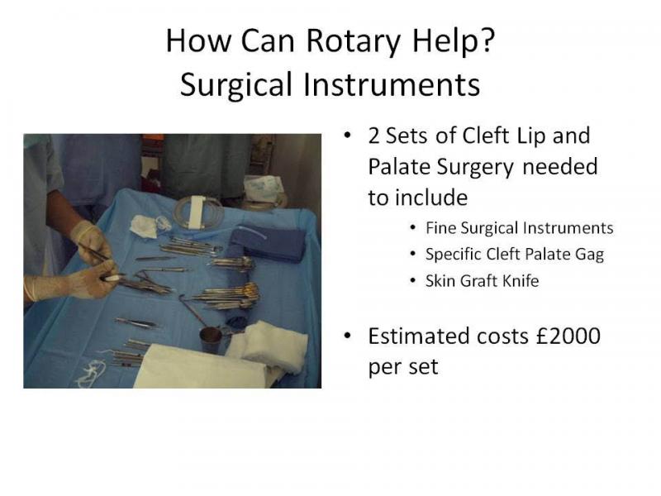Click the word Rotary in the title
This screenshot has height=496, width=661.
[x=353, y=41]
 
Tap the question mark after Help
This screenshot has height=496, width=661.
[x=487, y=40]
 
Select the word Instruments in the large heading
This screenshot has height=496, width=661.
[x=392, y=84]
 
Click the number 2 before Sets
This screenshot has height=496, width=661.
[x=373, y=136]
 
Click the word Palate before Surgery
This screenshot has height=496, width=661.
[x=399, y=167]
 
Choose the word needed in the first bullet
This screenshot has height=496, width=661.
[x=560, y=167]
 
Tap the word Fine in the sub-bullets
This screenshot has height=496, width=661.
[x=440, y=228]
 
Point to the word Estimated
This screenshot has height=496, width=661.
[x=419, y=336]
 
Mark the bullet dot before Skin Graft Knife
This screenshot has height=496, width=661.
[x=412, y=281]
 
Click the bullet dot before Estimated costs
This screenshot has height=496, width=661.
[x=347, y=336]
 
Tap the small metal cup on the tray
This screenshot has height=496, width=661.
[x=211, y=339]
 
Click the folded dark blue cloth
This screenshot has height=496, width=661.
[x=267, y=243]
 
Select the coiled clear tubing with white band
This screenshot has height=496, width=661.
[x=198, y=212]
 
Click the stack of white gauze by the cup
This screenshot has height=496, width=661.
[x=267, y=344]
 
